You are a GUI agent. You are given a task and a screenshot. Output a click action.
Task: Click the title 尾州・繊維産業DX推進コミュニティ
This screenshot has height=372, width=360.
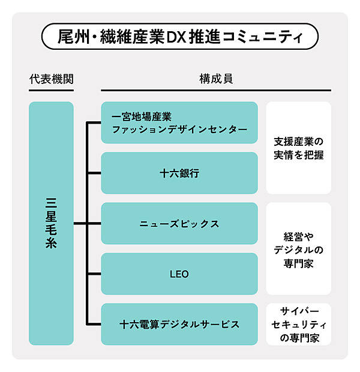pyautogui.click(x=179, y=37)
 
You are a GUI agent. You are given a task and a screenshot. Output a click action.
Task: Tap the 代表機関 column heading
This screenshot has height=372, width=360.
pyautogui.click(x=51, y=79)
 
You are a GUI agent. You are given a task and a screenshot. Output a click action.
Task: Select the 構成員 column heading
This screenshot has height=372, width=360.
pyautogui.click(x=216, y=79)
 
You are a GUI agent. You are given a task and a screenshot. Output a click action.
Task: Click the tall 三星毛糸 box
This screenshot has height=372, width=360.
pyautogui.click(x=51, y=223)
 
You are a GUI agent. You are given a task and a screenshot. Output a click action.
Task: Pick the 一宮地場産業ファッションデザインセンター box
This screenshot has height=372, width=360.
pyautogui.click(x=179, y=122)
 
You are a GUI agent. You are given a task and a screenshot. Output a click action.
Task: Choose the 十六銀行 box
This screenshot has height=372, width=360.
pyautogui.click(x=179, y=173)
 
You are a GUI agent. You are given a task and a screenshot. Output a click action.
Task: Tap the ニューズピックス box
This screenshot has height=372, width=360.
pyautogui.click(x=179, y=223)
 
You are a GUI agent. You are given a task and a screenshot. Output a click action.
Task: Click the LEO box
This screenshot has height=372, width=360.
pyautogui.click(x=179, y=274)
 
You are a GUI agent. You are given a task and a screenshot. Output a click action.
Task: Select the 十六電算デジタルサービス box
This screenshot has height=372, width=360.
pyautogui.click(x=179, y=324)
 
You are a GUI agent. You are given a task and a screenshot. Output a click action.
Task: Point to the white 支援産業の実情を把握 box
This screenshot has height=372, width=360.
pyautogui.click(x=298, y=148)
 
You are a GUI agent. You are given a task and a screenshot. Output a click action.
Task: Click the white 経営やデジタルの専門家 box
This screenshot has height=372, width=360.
pyautogui.click(x=298, y=248)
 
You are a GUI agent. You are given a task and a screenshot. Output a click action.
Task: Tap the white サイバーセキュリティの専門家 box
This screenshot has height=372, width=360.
pyautogui.click(x=298, y=324)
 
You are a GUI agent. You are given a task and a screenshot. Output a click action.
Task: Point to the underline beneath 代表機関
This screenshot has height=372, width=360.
pyautogui.click(x=51, y=90)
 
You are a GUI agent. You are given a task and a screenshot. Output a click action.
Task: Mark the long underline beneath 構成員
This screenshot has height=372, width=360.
pyautogui.click(x=216, y=90)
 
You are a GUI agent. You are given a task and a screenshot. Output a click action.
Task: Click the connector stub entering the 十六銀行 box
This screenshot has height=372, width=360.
pyautogui.click(x=94, y=173)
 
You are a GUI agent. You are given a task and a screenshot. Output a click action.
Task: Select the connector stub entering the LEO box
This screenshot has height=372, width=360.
pyautogui.click(x=94, y=274)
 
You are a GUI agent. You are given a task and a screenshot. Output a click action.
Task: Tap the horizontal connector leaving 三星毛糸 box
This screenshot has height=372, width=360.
pyautogui.click(x=80, y=223)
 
